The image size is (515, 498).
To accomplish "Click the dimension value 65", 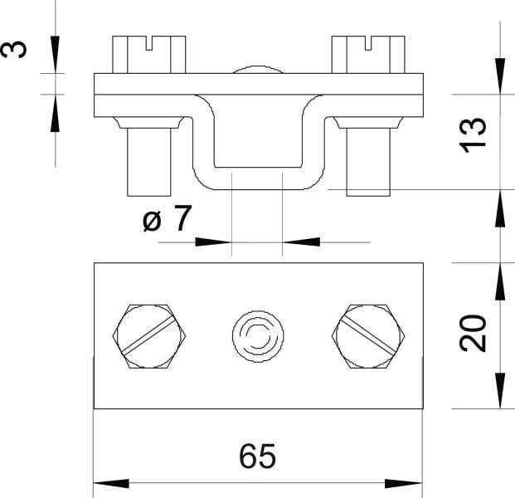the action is [x=257, y=456].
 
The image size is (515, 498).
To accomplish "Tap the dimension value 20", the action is [x=473, y=333].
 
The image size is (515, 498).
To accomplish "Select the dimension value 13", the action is [x=473, y=134].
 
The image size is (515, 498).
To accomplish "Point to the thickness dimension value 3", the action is [x=14, y=49].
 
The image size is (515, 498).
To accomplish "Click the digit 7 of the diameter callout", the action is [x=182, y=217].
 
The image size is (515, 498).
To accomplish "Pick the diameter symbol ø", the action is [x=153, y=221].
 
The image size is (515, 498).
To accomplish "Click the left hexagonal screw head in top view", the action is [x=149, y=336].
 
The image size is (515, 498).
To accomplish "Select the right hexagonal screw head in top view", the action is [x=368, y=336].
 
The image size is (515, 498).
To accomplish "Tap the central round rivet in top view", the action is [x=258, y=336].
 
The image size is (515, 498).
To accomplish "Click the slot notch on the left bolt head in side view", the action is [x=149, y=43].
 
